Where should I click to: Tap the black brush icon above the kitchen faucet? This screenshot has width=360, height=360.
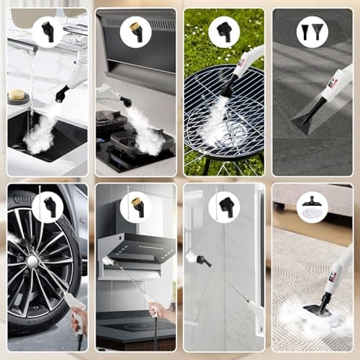pyautogui.click(x=48, y=31)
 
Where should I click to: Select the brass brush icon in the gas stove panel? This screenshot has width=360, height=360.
pyautogui.click(x=135, y=32)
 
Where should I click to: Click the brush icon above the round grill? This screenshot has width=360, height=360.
pyautogui.click(x=224, y=32)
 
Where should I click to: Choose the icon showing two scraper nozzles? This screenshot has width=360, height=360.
pyautogui.click(x=312, y=32)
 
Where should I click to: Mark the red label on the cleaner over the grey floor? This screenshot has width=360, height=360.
pyautogui.click(x=333, y=84)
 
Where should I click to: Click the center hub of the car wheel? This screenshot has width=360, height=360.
pyautogui.click(x=32, y=261)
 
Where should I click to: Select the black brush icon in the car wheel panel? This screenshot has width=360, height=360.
pyautogui.click(x=48, y=207)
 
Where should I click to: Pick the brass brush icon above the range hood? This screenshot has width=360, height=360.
pyautogui.click(x=135, y=207)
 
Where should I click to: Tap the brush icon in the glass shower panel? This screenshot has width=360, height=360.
pyautogui.click(x=224, y=207)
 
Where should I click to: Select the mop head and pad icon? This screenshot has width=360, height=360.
pyautogui.click(x=312, y=207)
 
